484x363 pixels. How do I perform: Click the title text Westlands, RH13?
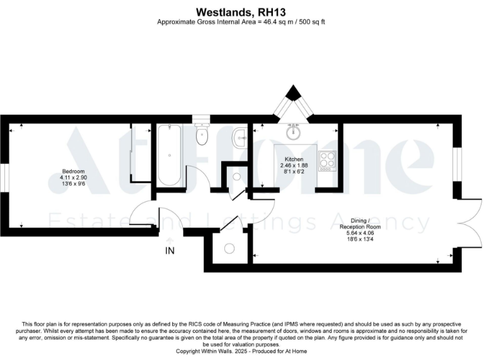pos(242,11)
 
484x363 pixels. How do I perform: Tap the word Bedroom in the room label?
pos(73,172)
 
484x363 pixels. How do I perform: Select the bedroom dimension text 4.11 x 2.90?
pos(73,179)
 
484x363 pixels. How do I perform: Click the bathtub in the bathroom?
pos(169,155)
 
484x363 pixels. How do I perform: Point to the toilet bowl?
pos(202,136)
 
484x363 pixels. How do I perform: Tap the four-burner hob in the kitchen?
pos(328,161)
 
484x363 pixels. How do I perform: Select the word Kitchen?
pos(294,159)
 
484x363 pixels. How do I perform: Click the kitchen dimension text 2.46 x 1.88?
pos(294,166)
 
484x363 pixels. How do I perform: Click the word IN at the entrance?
pos(170,251)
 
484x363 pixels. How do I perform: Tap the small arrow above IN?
pos(169,240)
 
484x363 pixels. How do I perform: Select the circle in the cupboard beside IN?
pos(229,248)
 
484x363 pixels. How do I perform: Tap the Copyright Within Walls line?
pos(242,350)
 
